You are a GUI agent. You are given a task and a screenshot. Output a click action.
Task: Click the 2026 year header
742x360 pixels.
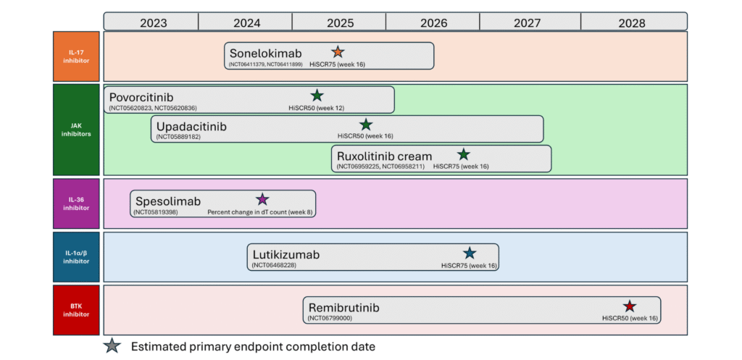point(433,22)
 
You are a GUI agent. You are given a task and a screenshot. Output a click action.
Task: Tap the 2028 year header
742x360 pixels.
point(634,22)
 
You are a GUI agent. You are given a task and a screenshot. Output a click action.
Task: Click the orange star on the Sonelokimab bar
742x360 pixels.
point(338,51)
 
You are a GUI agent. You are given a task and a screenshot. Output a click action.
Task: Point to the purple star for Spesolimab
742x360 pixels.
point(262,199)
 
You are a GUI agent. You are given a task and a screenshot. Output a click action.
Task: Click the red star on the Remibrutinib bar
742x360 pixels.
point(630,306)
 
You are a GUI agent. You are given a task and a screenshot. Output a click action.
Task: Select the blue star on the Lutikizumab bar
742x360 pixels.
point(470,253)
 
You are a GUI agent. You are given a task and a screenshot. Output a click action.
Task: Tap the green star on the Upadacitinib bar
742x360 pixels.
point(366,125)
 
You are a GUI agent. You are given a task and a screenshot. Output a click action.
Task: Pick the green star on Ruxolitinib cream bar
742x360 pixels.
point(464,154)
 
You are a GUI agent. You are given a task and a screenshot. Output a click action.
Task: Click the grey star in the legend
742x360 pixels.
point(112,346)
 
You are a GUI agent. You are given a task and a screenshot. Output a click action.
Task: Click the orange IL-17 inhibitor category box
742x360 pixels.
point(76,56)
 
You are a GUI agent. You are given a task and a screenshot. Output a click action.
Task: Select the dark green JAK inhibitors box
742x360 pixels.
point(76,130)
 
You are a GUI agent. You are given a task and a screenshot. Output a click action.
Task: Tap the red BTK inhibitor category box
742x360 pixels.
point(76,310)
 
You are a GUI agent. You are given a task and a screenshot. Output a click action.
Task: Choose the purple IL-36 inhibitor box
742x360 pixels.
point(76,204)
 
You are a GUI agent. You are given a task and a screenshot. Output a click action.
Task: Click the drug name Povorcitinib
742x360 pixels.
point(141,98)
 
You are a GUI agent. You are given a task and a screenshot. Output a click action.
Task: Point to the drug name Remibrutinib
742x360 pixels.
point(344,308)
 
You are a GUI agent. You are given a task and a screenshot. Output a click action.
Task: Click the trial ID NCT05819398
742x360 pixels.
point(157,212)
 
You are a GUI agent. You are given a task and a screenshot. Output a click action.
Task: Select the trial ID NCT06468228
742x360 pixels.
point(274,265)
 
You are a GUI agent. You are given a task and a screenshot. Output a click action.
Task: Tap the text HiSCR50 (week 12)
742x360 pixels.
point(317,108)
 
